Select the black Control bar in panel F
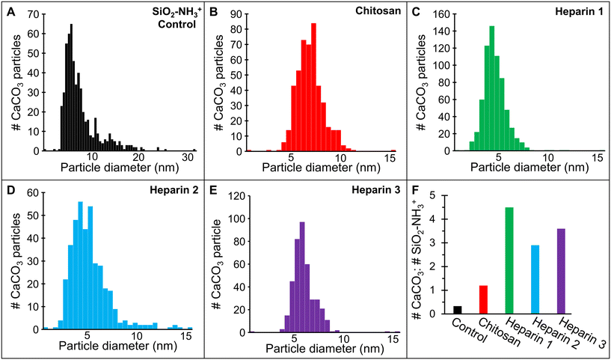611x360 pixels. click(457, 309)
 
